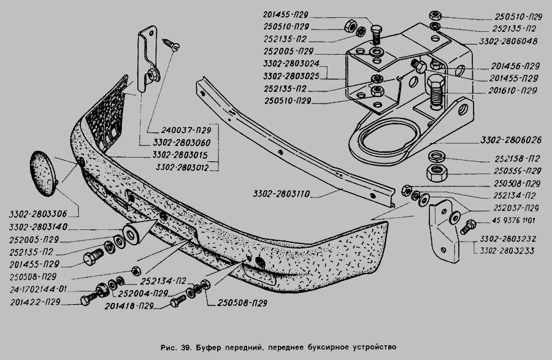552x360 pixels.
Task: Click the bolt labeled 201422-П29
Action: click(87, 301)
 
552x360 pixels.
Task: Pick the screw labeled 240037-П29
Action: click(171, 43)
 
